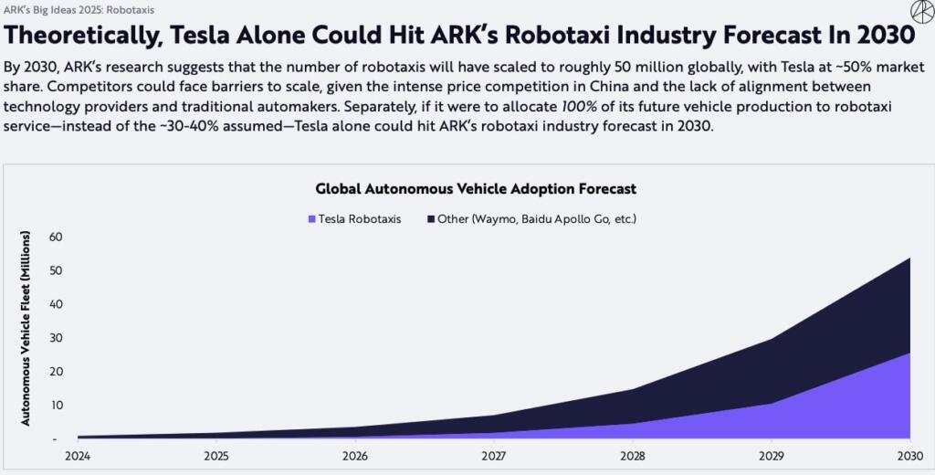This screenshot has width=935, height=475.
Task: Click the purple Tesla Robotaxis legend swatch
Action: click(312, 219)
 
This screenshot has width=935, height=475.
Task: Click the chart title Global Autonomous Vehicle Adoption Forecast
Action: click(475, 189)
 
